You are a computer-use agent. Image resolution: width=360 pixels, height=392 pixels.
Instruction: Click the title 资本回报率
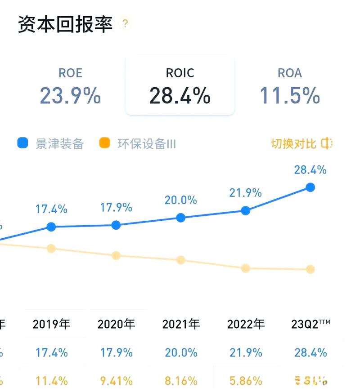point(65,24)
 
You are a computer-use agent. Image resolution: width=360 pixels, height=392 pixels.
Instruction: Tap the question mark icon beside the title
point(126,23)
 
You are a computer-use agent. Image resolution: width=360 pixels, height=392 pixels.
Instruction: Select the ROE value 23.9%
point(70,96)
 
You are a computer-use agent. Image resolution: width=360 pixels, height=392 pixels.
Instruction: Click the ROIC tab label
point(180,73)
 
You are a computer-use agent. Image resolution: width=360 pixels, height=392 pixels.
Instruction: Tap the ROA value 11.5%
point(290,96)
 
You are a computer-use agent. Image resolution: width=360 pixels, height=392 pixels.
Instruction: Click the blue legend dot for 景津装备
point(22,143)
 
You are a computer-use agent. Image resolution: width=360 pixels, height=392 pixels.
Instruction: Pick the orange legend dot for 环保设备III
point(104,143)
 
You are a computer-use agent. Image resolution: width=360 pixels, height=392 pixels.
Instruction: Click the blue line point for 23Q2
point(310,187)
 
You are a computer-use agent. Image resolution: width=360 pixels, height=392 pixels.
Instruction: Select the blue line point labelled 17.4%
point(51,227)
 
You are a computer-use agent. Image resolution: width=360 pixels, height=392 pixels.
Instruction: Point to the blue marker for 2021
point(181,218)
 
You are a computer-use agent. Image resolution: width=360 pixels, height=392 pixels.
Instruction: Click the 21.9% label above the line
point(245,193)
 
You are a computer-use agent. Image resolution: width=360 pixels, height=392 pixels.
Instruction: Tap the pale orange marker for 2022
point(246,268)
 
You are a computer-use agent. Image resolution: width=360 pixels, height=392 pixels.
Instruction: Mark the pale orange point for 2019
point(51,248)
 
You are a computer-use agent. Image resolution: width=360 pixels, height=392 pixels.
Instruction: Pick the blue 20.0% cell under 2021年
point(181,353)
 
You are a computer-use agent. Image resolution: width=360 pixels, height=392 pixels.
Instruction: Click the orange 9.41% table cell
point(116,381)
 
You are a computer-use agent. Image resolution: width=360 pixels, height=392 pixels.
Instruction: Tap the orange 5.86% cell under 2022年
point(246,381)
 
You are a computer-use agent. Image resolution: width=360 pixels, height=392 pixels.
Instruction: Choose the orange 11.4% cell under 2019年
point(51,381)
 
